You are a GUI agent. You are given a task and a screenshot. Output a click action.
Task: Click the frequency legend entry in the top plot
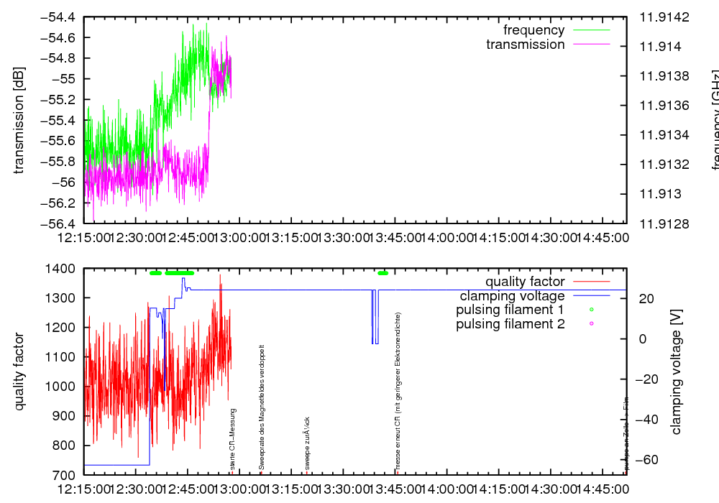(533, 30)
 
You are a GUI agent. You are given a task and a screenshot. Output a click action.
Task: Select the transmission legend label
(525, 45)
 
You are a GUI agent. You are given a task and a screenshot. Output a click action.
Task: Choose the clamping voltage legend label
(512, 296)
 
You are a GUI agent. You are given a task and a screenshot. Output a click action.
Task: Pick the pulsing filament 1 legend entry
(510, 310)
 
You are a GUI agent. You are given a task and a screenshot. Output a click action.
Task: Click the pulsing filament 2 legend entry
(510, 324)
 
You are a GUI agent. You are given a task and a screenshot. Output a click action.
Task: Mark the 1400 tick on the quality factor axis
(62, 269)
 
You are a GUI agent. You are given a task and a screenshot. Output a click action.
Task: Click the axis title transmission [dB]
(19, 120)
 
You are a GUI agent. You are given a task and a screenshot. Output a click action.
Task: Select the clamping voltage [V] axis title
(676, 372)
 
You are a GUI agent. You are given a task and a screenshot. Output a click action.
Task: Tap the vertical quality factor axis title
(19, 372)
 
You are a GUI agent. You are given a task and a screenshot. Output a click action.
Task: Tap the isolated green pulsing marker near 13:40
(383, 273)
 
